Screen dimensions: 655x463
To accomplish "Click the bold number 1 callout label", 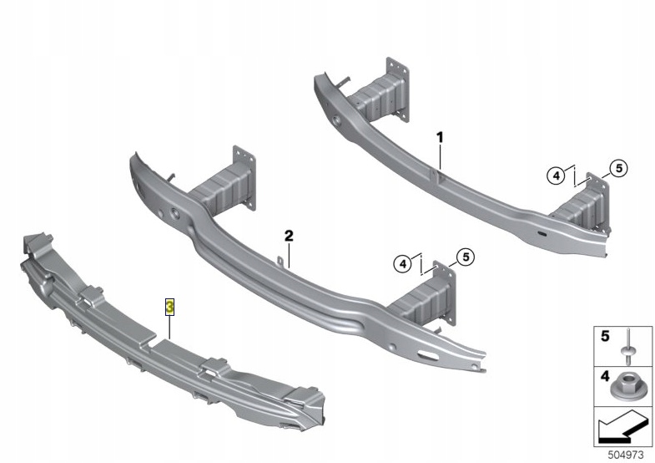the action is pos(440,137).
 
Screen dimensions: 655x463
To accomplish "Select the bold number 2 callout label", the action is pos(289,236).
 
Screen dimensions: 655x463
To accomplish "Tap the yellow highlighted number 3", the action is pos(169,307).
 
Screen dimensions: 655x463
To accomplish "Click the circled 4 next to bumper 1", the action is pos(556,176).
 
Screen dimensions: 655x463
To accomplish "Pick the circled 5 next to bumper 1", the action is pos(618,168).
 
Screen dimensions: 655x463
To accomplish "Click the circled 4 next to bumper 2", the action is pos(403,264).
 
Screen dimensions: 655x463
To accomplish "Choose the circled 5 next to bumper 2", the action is pos(466,257).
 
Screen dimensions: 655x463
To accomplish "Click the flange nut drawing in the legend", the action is pos(624,387).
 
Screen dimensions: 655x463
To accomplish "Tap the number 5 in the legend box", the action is pos(605,336).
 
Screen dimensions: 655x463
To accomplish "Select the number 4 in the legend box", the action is pos(605,376).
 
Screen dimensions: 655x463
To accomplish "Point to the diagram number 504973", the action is pos(625,454).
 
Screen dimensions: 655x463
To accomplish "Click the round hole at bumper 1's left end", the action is pos(336,120).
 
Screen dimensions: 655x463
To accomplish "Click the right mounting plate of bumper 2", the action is pos(445,293).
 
